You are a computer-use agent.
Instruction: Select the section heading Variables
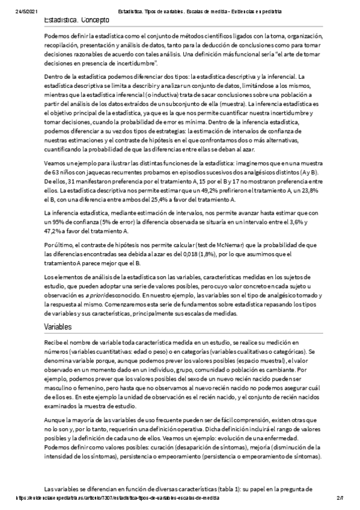coord(58,326)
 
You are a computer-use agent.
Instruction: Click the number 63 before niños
coord(49,171)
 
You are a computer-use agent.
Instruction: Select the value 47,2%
coord(53,230)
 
